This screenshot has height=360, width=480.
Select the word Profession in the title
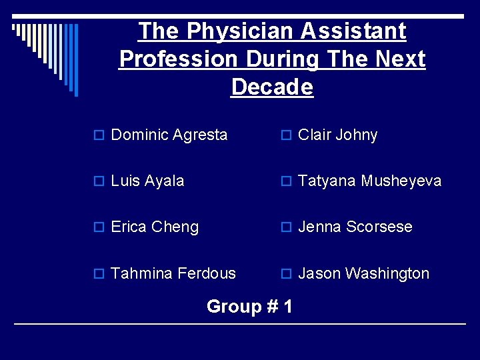(x=178, y=59)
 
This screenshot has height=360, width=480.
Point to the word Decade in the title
(x=272, y=87)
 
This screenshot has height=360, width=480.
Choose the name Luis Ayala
(x=147, y=181)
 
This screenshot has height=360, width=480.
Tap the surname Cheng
(x=175, y=227)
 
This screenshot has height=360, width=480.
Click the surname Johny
(x=357, y=135)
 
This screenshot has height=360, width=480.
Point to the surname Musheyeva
(x=401, y=181)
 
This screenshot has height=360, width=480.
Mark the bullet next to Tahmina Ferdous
(x=101, y=274)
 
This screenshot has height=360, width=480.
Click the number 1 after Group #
(x=287, y=307)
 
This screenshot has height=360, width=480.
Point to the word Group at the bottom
(x=233, y=307)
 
